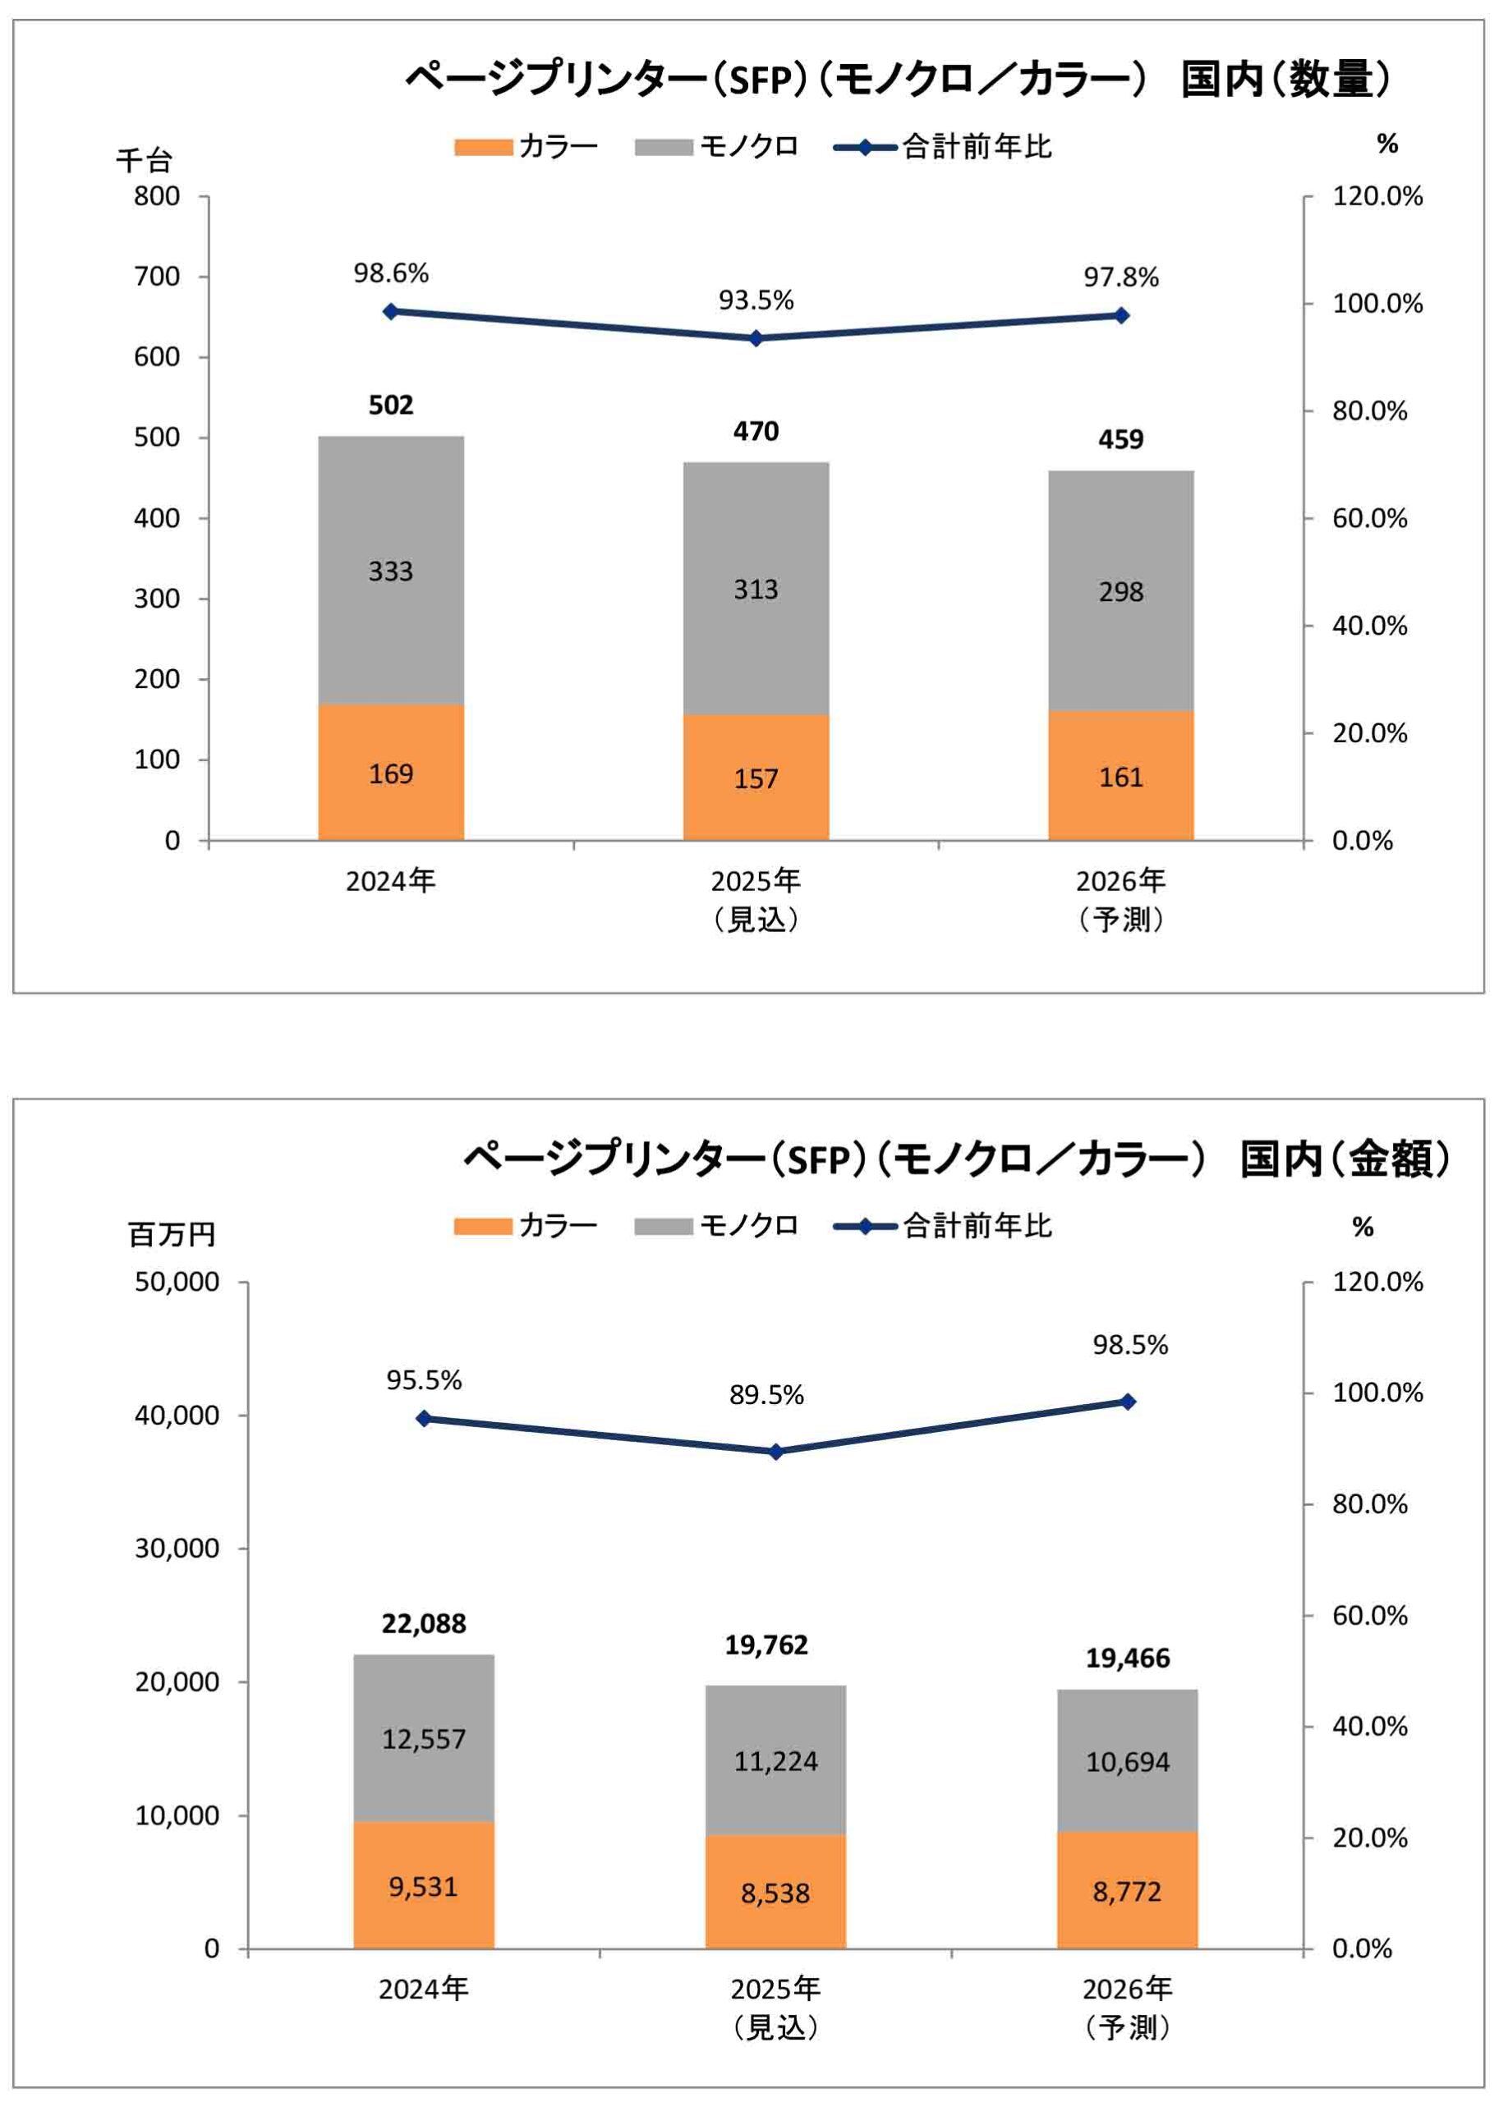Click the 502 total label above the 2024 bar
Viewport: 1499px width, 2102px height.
pyautogui.click(x=390, y=405)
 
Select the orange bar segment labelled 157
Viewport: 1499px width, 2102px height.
pyautogui.click(x=755, y=777)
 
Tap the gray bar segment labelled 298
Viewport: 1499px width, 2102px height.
pyautogui.click(x=1120, y=590)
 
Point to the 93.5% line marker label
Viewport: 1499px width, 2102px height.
pyautogui.click(x=756, y=300)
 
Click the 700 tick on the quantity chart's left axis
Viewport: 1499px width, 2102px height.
pyautogui.click(x=157, y=276)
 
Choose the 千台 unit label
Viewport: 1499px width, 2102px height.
pyautogui.click(x=144, y=161)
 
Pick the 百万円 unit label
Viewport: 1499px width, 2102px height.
pyautogui.click(x=172, y=1234)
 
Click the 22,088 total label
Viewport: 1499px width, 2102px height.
pyautogui.click(x=424, y=1623)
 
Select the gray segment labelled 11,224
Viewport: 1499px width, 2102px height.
pyautogui.click(x=775, y=1760)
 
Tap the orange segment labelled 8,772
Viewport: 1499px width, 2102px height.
pyautogui.click(x=1127, y=1891)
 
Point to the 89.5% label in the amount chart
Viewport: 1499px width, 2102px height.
pyautogui.click(x=766, y=1394)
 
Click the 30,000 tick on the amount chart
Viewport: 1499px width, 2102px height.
pyautogui.click(x=177, y=1549)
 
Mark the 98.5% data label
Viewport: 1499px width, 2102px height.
pyautogui.click(x=1129, y=1344)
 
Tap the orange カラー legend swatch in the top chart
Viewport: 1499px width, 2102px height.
pyautogui.click(x=483, y=148)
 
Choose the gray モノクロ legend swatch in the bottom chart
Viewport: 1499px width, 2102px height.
pyautogui.click(x=663, y=1227)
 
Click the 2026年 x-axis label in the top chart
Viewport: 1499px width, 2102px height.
pyautogui.click(x=1120, y=881)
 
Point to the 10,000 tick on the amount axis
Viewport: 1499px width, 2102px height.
pyautogui.click(x=177, y=1816)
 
